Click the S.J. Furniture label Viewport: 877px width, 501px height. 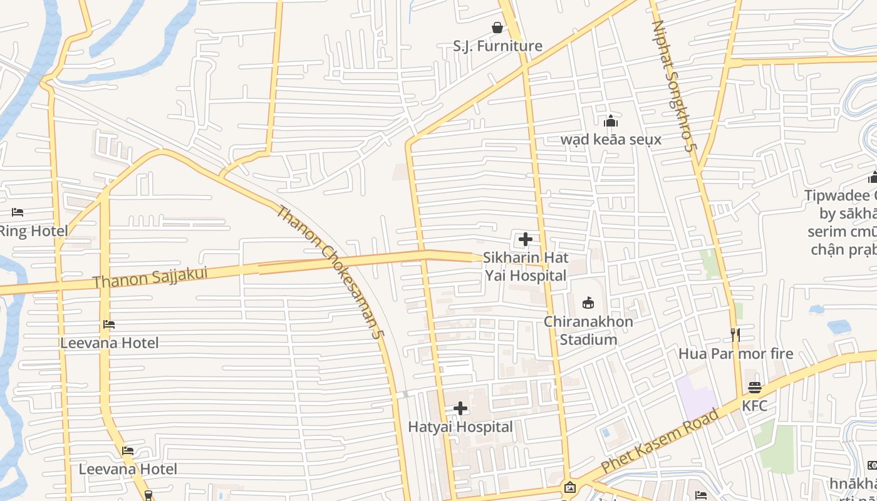(497, 46)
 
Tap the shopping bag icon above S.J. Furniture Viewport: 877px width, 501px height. (497, 28)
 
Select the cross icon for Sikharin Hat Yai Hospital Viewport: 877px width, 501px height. (526, 239)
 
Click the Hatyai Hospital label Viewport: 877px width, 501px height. (460, 427)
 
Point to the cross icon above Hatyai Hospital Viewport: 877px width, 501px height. (460, 409)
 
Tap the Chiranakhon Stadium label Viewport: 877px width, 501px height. (588, 331)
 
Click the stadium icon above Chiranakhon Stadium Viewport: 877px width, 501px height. (588, 303)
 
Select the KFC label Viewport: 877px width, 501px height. (754, 406)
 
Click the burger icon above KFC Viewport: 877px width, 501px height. (754, 388)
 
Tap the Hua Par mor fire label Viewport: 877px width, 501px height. (735, 354)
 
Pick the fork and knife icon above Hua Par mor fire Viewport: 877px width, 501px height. (735, 335)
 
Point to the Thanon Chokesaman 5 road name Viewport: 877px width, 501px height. (330, 272)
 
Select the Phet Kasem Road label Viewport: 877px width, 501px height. (660, 441)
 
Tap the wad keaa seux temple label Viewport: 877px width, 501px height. (611, 139)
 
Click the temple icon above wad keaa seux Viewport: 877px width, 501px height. (611, 121)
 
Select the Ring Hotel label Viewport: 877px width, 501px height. (33, 231)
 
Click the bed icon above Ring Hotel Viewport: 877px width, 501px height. (18, 212)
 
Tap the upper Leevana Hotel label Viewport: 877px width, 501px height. (109, 343)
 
